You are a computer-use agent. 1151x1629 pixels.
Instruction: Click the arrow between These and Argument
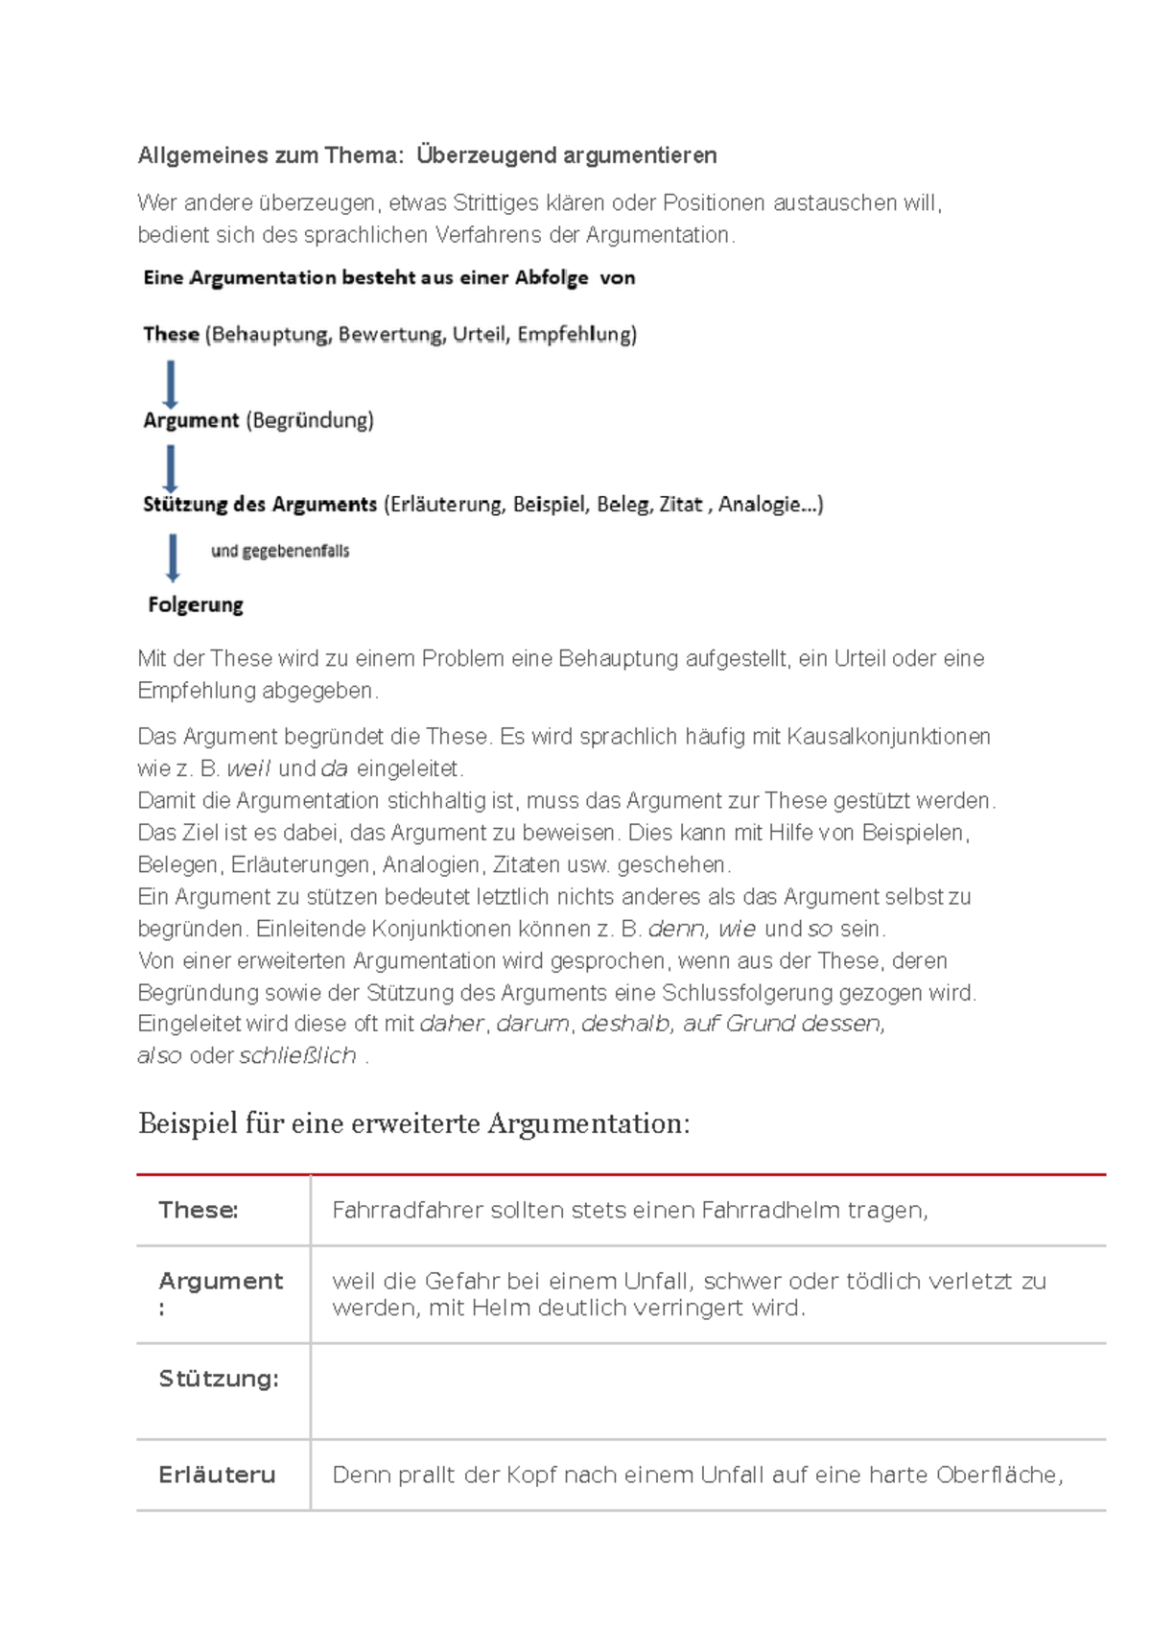[x=171, y=384]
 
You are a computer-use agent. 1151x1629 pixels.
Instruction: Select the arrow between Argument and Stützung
[x=171, y=469]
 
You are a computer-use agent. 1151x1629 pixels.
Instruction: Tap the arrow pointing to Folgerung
[x=173, y=557]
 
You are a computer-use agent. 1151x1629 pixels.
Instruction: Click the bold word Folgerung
[x=196, y=605]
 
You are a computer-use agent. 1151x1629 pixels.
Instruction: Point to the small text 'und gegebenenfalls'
[x=280, y=552]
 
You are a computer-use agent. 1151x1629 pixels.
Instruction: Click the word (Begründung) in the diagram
[x=310, y=420]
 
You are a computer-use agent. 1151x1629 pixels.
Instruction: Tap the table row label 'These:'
[x=199, y=1210]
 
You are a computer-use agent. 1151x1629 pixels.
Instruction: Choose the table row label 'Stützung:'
[x=219, y=1379]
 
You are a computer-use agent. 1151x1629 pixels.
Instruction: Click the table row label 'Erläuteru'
[x=217, y=1475]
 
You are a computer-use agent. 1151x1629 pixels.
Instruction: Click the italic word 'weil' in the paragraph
[x=248, y=768]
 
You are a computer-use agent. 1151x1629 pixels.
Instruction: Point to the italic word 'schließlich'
[x=297, y=1055]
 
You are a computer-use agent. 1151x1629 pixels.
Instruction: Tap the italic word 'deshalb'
[x=625, y=1024]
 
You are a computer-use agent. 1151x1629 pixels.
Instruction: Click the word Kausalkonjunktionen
[x=888, y=737]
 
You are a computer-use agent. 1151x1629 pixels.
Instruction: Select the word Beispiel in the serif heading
[x=186, y=1123]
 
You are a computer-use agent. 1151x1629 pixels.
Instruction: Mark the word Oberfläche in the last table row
[x=998, y=1475]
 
